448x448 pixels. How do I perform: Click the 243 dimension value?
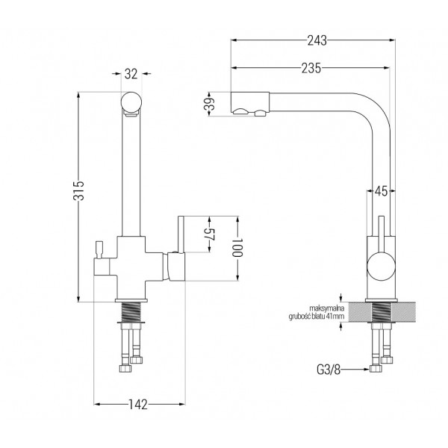317,40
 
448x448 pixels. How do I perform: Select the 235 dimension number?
311,68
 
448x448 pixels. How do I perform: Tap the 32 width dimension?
131,74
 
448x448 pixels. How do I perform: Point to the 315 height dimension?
79,190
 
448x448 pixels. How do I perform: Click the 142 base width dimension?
138,404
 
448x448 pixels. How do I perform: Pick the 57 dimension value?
211,234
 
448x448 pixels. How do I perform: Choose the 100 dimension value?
237,248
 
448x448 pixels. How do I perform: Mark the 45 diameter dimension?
381,191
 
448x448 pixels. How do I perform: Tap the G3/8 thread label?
329,370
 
